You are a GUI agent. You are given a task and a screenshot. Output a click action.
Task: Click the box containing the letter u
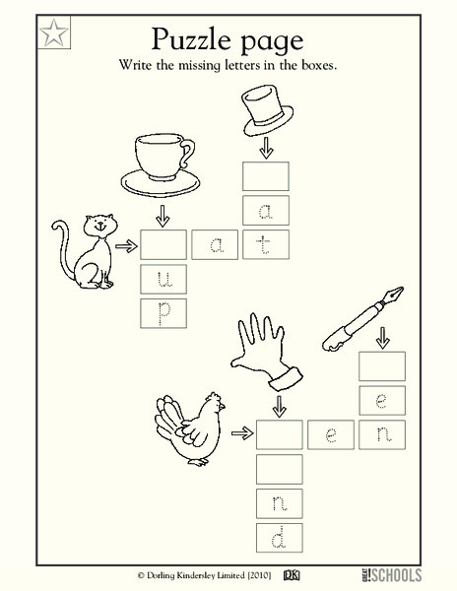(x=163, y=279)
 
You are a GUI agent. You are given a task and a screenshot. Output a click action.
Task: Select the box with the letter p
(x=163, y=312)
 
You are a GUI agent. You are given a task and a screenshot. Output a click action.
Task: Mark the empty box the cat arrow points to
(x=163, y=243)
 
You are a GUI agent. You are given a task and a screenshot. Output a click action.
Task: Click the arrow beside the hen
(x=240, y=432)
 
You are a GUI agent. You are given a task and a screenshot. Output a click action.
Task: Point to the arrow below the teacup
(x=161, y=214)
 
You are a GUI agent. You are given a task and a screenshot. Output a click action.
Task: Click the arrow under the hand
(x=279, y=404)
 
